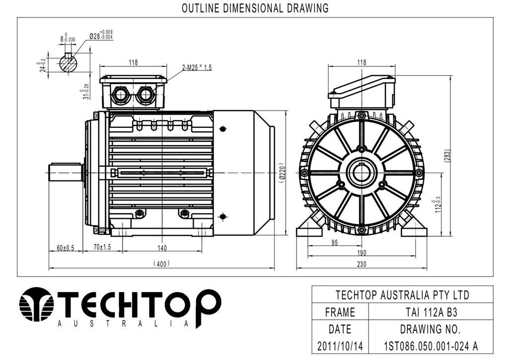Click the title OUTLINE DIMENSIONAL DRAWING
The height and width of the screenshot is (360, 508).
(x=255, y=8)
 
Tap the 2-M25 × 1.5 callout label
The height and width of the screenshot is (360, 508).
(x=196, y=67)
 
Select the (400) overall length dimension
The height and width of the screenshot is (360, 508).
(x=161, y=264)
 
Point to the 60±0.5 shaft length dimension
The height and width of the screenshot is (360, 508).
(x=65, y=248)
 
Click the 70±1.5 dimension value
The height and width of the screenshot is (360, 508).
(x=102, y=247)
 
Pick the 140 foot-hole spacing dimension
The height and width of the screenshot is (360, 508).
(x=162, y=248)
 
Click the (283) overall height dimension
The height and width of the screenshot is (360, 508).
(x=447, y=156)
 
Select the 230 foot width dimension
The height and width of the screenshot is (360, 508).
(x=362, y=264)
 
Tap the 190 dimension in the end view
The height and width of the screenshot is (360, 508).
(x=362, y=253)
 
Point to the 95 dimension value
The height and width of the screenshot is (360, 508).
(x=335, y=242)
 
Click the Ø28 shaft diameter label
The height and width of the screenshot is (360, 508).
(x=101, y=35)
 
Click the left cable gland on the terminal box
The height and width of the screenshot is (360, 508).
(x=120, y=95)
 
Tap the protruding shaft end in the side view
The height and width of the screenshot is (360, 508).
(x=65, y=173)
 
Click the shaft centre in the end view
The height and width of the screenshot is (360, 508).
(x=361, y=173)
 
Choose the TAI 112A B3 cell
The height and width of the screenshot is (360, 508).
(x=431, y=312)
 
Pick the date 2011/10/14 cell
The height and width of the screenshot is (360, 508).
(x=340, y=346)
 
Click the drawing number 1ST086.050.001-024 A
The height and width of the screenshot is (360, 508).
(x=431, y=346)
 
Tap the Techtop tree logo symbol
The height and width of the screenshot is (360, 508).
(x=36, y=304)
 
